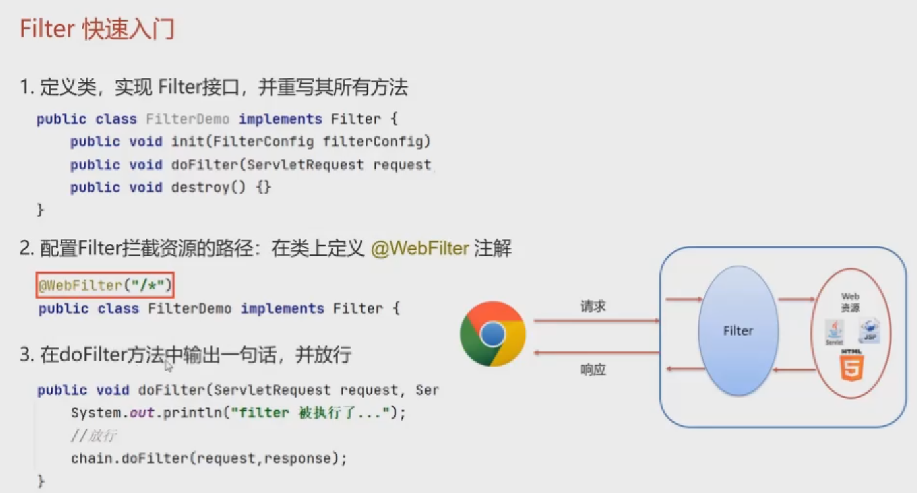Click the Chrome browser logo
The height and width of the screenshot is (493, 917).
pos(493,334)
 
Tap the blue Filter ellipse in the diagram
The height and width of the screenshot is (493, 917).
pos(737,331)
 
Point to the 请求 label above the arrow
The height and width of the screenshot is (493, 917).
pos(593,306)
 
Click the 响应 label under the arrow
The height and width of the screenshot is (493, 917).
pos(593,370)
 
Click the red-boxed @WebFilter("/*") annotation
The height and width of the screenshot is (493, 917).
pos(105,285)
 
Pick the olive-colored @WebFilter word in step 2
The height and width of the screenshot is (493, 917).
pos(420,249)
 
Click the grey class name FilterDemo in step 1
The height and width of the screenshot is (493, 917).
pos(187,119)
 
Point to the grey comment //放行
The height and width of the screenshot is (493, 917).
pos(94,436)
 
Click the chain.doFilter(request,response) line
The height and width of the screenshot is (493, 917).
pos(209,459)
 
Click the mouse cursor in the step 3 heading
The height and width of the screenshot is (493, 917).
pos(169,366)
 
